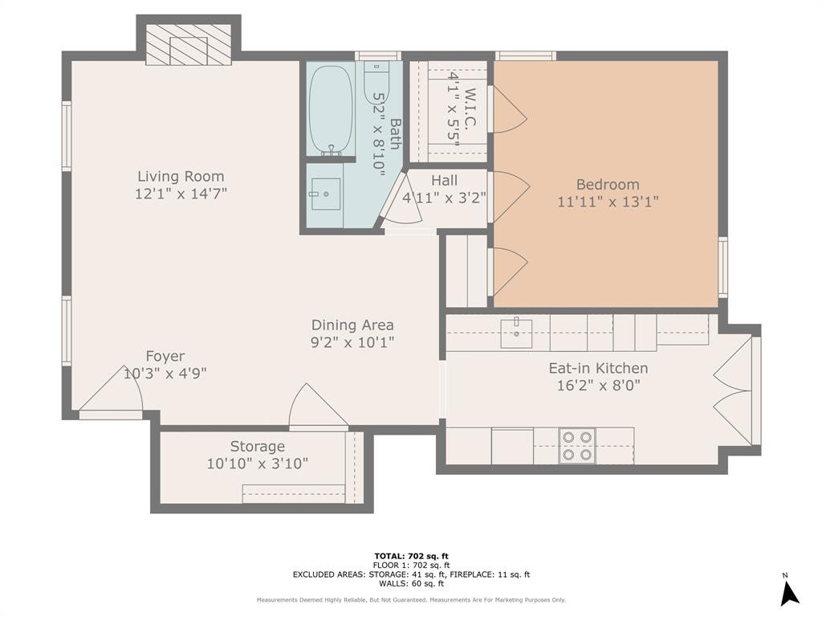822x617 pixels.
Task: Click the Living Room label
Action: click(x=181, y=176)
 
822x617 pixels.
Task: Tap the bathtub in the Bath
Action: click(x=330, y=109)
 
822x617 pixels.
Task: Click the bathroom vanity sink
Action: click(x=325, y=194)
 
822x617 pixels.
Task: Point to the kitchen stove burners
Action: click(x=576, y=445)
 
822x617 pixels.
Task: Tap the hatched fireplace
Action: click(x=188, y=45)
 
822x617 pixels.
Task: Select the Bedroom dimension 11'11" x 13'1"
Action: click(x=608, y=202)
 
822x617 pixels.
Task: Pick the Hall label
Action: click(x=444, y=181)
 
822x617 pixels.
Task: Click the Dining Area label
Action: click(x=352, y=325)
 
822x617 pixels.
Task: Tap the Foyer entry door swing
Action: click(x=112, y=389)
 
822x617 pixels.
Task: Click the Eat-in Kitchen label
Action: click(x=598, y=368)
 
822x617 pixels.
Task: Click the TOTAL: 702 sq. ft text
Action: click(x=412, y=556)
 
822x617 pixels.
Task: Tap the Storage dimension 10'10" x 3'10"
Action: click(x=258, y=464)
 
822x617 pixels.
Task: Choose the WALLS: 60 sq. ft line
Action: click(x=412, y=583)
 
